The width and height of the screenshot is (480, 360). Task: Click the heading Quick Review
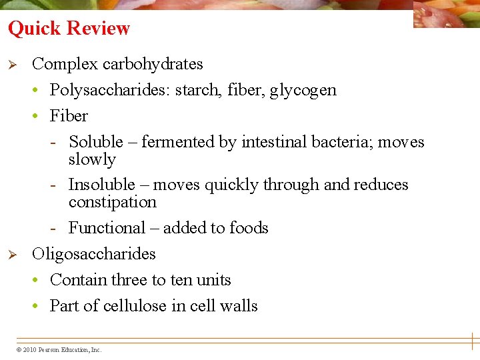[69, 29]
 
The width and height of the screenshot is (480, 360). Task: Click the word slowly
[92, 160]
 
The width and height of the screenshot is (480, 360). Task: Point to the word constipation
[112, 202]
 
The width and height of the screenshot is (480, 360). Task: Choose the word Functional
[107, 228]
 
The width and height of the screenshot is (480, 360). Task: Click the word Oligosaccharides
[93, 254]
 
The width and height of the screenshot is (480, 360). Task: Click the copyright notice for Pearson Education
[59, 349]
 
